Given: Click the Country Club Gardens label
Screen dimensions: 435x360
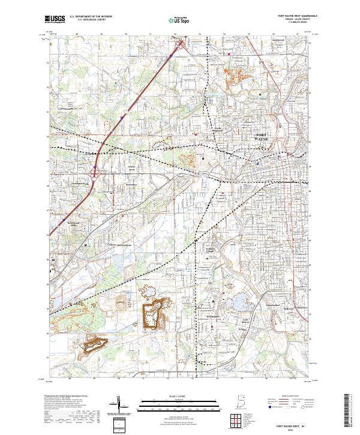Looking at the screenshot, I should (122, 245).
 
